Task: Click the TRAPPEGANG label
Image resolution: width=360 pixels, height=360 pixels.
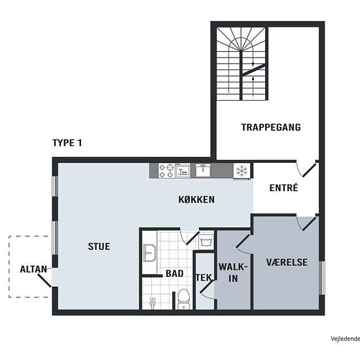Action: click(271, 127)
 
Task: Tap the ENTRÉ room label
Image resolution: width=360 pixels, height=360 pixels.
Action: click(284, 188)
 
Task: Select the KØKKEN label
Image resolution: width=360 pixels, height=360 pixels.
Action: click(196, 200)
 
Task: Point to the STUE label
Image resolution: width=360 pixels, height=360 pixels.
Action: click(99, 246)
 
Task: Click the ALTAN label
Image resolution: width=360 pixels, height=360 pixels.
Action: click(33, 269)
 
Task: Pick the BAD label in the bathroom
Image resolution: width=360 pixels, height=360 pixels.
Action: click(175, 274)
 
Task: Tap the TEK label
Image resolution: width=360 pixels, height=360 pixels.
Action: click(204, 278)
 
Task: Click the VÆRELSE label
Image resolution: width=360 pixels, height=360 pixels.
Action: click(287, 262)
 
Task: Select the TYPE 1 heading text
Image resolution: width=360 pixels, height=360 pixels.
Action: click(67, 143)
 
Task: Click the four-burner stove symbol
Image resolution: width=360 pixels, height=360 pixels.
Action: click(166, 170)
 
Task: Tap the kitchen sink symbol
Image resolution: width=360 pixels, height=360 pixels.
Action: click(203, 170)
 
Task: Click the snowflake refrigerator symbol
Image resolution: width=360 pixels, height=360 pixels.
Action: click(242, 171)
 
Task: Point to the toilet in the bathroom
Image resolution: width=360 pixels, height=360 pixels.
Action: click(184, 299)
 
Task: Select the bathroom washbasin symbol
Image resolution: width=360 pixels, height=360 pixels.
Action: click(149, 253)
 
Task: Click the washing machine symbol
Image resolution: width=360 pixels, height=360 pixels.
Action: click(207, 242)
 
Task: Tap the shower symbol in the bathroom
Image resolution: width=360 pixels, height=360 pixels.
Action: click(153, 302)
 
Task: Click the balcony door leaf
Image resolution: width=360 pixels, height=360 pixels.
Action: click(45, 280)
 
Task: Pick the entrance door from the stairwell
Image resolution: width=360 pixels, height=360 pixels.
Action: click(309, 170)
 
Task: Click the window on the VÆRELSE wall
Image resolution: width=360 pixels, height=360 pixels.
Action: click(322, 278)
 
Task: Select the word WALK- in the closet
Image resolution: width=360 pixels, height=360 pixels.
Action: click(233, 267)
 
